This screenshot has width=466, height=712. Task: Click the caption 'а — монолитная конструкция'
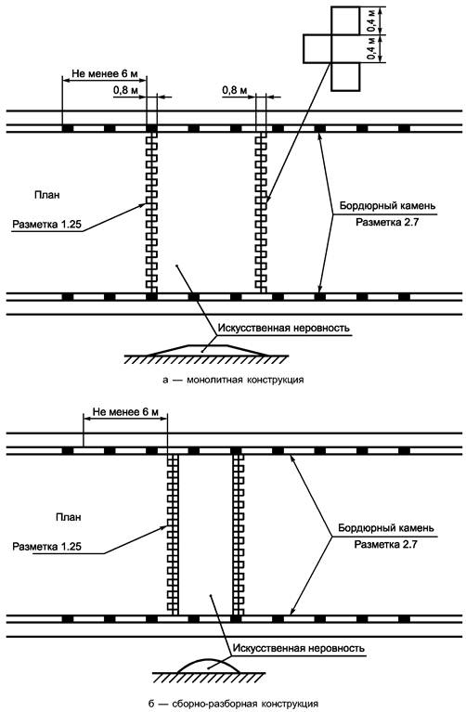(233, 379)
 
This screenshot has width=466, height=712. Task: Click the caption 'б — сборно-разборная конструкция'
(233, 704)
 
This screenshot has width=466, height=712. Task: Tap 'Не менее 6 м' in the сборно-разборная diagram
(125, 412)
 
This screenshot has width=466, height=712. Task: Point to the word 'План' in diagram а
(46, 195)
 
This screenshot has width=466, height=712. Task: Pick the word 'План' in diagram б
(69, 517)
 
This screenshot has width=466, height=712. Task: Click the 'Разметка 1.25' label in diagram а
(46, 224)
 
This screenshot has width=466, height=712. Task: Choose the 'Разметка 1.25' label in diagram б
(46, 546)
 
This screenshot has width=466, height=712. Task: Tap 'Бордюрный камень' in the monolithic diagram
(387, 206)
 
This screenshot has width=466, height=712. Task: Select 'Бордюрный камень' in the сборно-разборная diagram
(386, 528)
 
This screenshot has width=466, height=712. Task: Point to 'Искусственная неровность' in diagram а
(284, 328)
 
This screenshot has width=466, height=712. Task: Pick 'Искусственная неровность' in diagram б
(298, 648)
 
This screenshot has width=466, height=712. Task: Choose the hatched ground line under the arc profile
(208, 676)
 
